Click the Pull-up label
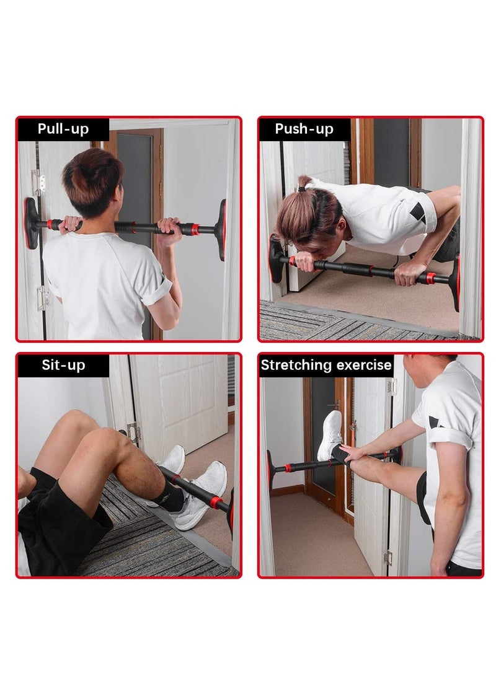(63, 129)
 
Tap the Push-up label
(304, 129)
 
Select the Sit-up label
(63, 364)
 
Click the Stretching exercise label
(326, 364)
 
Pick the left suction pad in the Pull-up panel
(31, 223)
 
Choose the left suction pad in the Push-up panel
(275, 260)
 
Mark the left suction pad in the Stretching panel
(270, 469)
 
